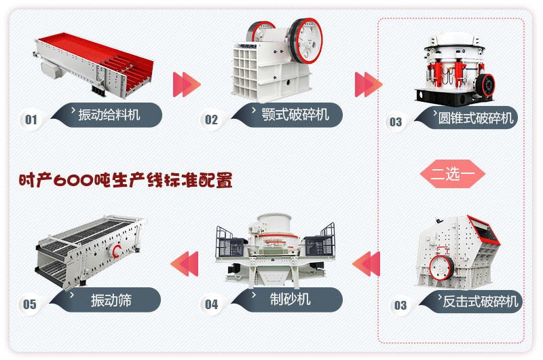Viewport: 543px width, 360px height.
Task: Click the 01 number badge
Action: click(x=31, y=120)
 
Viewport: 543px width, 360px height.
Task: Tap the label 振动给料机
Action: click(x=109, y=114)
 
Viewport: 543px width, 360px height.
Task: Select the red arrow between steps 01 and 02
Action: click(x=187, y=84)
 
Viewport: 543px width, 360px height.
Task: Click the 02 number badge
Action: click(x=212, y=120)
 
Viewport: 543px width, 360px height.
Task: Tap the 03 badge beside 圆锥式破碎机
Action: click(x=395, y=122)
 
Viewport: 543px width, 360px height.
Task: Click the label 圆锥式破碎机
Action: click(x=473, y=117)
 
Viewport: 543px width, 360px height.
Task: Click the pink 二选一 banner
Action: click(x=453, y=173)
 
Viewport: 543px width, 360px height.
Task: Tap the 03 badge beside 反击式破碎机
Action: click(x=400, y=305)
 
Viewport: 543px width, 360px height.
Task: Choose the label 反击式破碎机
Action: click(x=480, y=301)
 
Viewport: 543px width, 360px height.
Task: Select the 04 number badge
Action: click(x=212, y=304)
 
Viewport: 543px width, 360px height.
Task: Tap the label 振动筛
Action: click(x=111, y=300)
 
